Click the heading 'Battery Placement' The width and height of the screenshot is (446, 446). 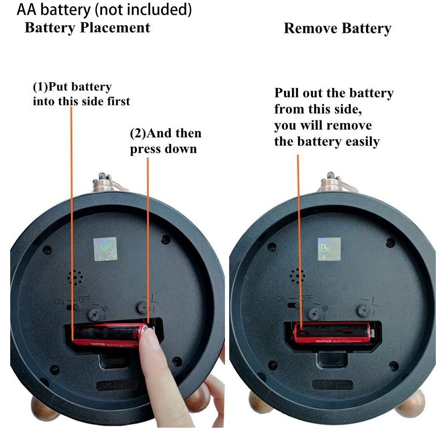pos(87,28)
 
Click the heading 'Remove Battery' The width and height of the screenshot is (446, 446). pos(337,29)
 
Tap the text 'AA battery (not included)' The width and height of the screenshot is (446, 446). pos(104,10)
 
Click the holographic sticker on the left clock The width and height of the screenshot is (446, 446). pos(105,249)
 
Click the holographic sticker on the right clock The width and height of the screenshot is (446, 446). pos(329,249)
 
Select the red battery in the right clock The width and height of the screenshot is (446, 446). pos(331,332)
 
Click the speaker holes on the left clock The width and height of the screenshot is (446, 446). pos(75,277)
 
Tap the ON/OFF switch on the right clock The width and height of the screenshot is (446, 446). pos(293,305)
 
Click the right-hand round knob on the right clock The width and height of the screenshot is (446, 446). pos(364,311)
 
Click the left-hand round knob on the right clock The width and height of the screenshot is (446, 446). pos(314,314)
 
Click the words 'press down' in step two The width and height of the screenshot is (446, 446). pos(163,149)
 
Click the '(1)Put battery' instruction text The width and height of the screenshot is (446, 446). pos(72,87)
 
